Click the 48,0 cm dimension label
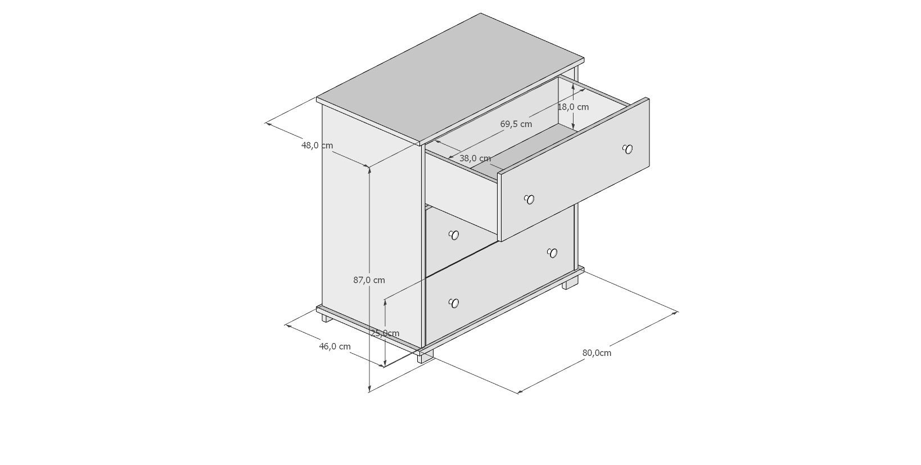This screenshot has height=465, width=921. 317,145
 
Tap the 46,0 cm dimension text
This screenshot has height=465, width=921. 335,346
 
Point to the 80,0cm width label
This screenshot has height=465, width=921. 597,353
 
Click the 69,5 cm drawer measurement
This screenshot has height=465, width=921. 516,124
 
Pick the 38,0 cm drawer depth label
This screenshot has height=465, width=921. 475,159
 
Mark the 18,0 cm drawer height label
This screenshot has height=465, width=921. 574,107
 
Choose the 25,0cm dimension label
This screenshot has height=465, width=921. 385,333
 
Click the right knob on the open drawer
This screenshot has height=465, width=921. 628,149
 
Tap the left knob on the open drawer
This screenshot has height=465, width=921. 529,199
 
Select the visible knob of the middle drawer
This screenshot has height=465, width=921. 454,235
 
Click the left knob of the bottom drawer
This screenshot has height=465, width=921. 454,304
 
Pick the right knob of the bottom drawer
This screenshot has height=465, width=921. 552,252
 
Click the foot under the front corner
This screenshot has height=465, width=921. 425,357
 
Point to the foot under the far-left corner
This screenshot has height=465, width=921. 326,318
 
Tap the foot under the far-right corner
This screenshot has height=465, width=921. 571,283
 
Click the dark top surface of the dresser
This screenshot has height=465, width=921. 450,79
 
